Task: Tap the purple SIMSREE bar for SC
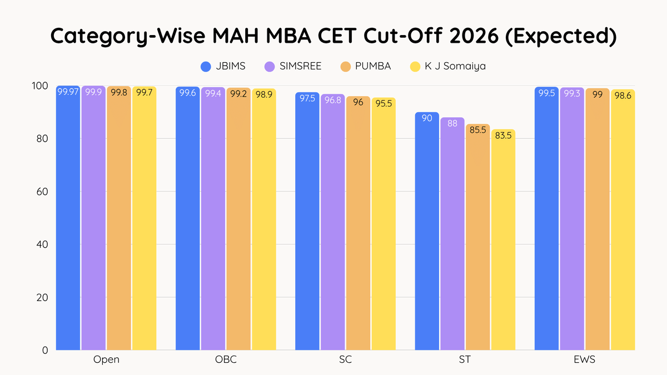point(332,222)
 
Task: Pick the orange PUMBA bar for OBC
point(238,219)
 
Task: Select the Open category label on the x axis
point(106,360)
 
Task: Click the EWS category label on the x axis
point(584,360)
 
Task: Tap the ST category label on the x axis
point(465,360)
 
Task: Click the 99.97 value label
point(68,93)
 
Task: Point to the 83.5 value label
point(503,136)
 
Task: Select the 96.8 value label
point(332,101)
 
